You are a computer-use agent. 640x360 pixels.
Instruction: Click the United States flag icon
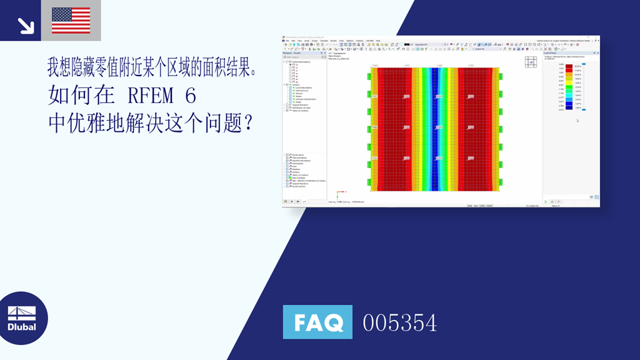(71, 20)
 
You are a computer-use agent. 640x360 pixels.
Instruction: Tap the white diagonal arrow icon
(26, 26)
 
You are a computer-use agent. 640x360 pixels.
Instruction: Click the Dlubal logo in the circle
(22, 318)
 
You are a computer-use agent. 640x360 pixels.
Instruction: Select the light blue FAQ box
(317, 322)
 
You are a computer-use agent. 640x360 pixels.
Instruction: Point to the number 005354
(399, 323)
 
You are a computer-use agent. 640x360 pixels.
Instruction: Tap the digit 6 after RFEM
(190, 97)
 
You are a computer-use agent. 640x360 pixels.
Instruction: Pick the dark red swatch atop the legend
(569, 66)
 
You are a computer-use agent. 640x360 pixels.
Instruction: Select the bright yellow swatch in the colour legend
(569, 81)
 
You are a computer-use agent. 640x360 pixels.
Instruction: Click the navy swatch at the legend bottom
(569, 109)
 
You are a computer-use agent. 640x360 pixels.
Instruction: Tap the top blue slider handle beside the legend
(584, 64)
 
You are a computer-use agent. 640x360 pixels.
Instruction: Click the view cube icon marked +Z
(530, 62)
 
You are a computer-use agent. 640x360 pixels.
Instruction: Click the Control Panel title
(550, 54)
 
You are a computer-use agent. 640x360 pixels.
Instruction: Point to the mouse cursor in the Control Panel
(577, 121)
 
